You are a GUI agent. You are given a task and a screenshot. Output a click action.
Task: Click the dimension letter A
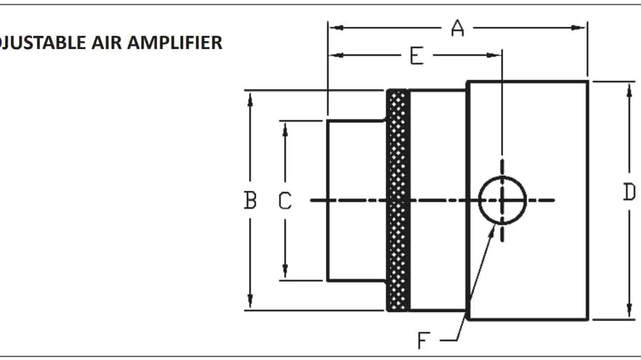(457, 28)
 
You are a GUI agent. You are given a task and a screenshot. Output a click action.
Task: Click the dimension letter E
(417, 55)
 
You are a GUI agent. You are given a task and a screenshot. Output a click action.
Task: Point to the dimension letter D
(629, 192)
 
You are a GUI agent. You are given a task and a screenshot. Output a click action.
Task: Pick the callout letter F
(424, 340)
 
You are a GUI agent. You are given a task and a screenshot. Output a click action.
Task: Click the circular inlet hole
(502, 200)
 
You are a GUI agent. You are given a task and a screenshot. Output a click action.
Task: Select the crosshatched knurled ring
(398, 200)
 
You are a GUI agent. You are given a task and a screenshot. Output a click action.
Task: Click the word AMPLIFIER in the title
(181, 43)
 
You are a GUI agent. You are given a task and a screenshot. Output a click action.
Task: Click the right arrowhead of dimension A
(582, 28)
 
